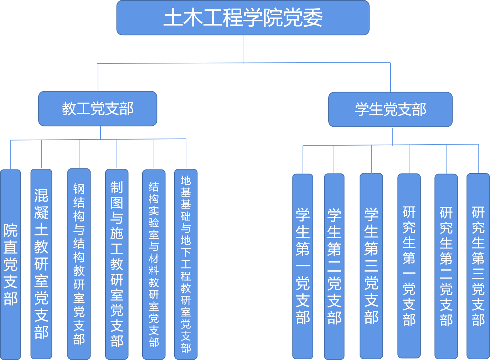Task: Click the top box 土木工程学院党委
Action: point(243,18)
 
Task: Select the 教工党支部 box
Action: point(98,109)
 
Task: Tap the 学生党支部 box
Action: point(390,109)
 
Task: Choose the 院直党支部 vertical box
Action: point(10,265)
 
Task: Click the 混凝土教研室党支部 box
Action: point(41,264)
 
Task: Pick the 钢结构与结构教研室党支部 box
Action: point(79,264)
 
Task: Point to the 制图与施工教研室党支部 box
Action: point(117,264)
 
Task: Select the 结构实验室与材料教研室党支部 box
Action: point(154,265)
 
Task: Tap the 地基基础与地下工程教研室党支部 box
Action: point(186,264)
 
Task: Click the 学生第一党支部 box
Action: point(303,266)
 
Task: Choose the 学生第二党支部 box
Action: point(334,266)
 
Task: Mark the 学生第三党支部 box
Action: point(371,266)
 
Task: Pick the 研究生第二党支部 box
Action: point(446,266)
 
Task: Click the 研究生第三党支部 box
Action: point(478,266)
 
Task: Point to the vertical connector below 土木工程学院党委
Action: point(243,49)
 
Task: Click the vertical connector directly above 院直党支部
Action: point(11,155)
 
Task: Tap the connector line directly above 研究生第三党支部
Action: point(478,159)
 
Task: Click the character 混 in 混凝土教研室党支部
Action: point(41,195)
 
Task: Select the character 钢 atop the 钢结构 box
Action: point(79,189)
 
